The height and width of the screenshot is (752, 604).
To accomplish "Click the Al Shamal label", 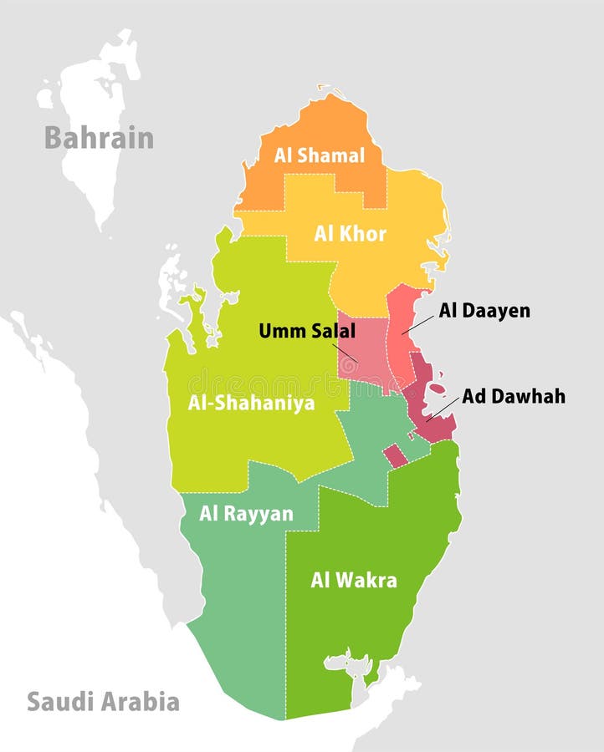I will (320, 155).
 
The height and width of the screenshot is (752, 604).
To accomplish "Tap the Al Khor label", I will (350, 234).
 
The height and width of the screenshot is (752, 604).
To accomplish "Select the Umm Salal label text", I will (306, 331).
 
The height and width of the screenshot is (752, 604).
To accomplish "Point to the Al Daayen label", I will (484, 311).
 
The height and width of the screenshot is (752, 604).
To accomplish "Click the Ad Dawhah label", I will (513, 396).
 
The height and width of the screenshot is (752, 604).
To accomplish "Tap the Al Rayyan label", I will (246, 513).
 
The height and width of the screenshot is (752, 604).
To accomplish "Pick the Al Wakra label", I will (354, 580).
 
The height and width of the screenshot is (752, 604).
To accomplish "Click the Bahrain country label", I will (99, 138).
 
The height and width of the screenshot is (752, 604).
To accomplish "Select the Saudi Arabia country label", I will (103, 701).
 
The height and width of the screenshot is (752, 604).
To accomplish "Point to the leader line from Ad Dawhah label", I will (443, 409).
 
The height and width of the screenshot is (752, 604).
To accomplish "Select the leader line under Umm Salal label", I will (345, 351).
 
